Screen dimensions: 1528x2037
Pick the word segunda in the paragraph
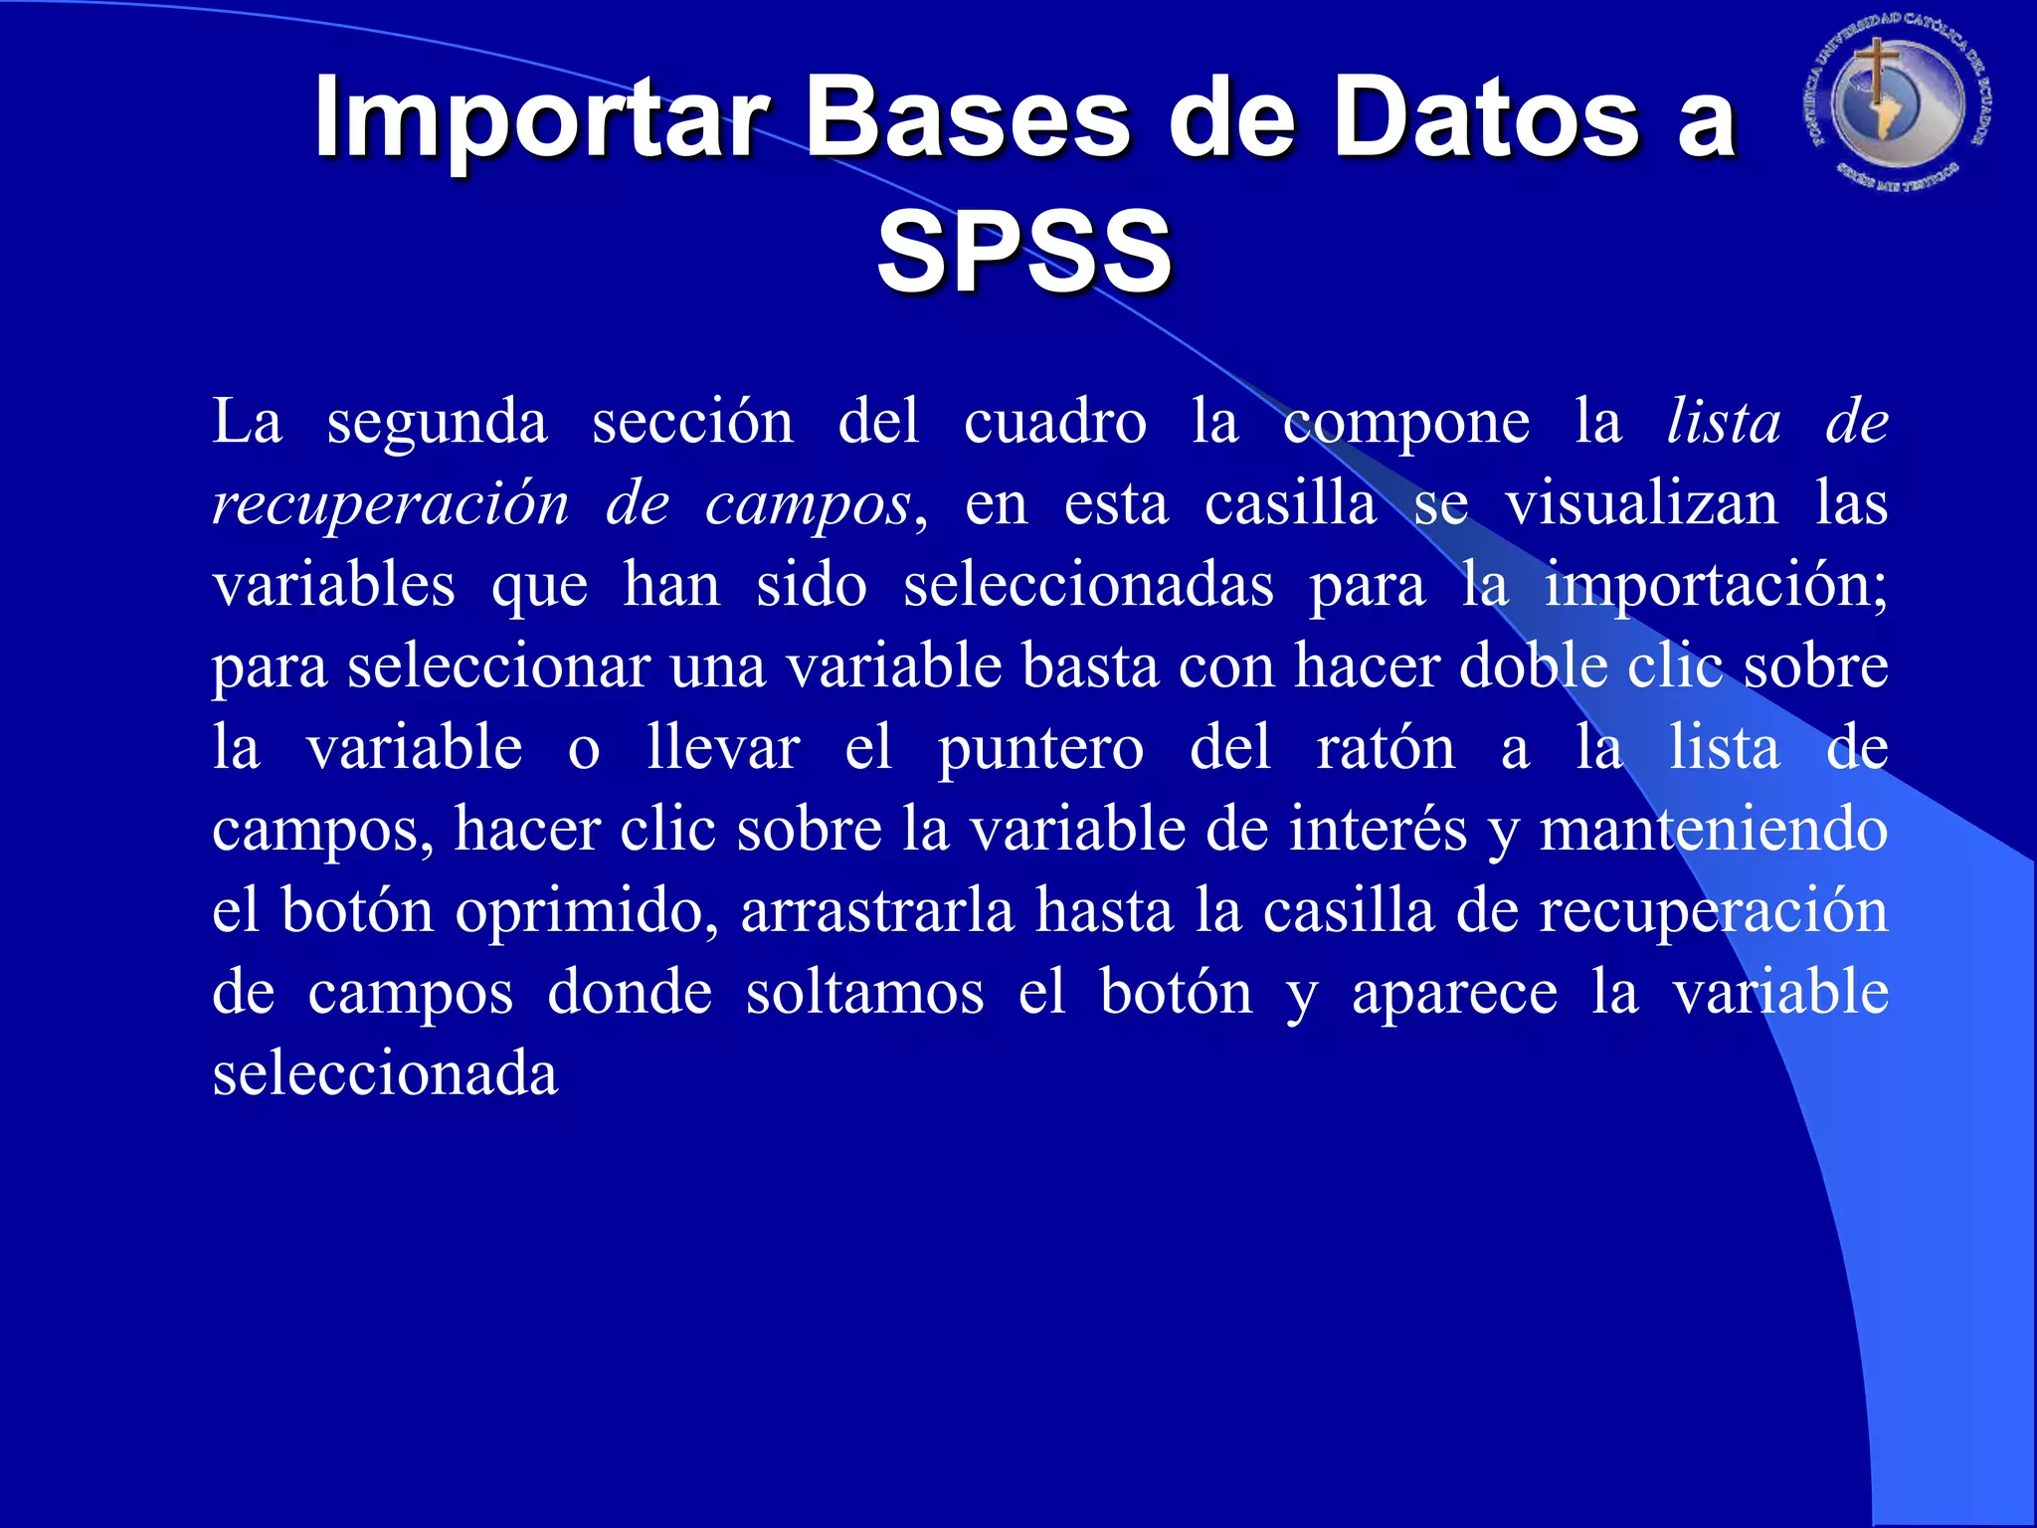tap(437, 423)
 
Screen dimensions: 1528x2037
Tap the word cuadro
tap(1055, 423)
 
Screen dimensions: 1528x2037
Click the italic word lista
tap(1724, 422)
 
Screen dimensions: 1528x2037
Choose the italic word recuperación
tap(391, 504)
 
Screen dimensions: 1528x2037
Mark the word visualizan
tap(1641, 503)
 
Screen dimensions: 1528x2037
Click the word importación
tap(1715, 586)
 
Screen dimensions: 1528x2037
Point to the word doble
tap(1533, 666)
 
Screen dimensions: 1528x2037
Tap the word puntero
tap(1040, 749)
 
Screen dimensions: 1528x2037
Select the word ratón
tap(1386, 748)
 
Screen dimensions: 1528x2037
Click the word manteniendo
tap(1713, 829)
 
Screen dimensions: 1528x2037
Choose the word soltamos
tap(864, 992)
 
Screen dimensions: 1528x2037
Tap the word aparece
tap(1454, 994)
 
